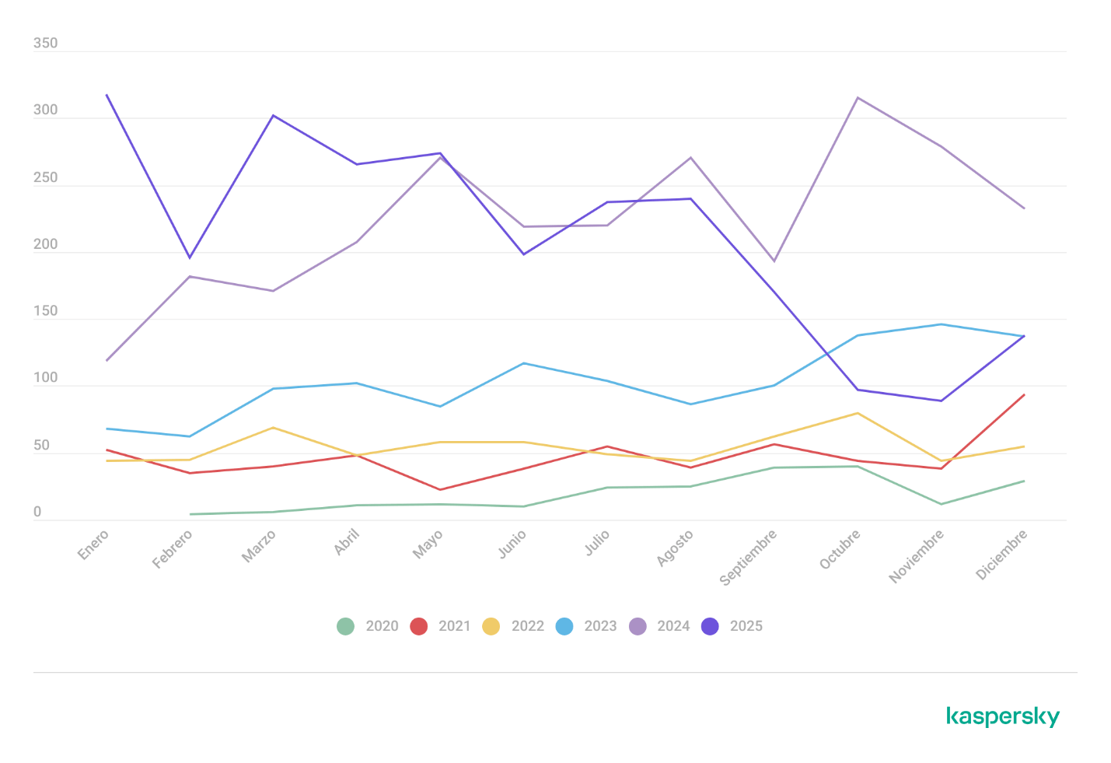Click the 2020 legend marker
coord(345,626)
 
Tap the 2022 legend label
coord(527,626)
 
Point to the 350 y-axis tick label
coord(45,44)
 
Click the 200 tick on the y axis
coord(45,244)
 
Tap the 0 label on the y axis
coord(37,513)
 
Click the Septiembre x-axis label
coord(748,557)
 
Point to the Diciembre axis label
coord(1001,554)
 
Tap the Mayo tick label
coord(428,544)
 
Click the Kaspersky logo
coord(1003,716)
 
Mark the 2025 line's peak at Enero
coord(106,95)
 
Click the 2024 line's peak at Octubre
coord(858,97)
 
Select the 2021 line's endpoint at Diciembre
coord(1024,395)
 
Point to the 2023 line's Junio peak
coord(524,363)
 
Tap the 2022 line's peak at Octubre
coord(858,413)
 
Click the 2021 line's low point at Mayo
coord(440,490)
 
